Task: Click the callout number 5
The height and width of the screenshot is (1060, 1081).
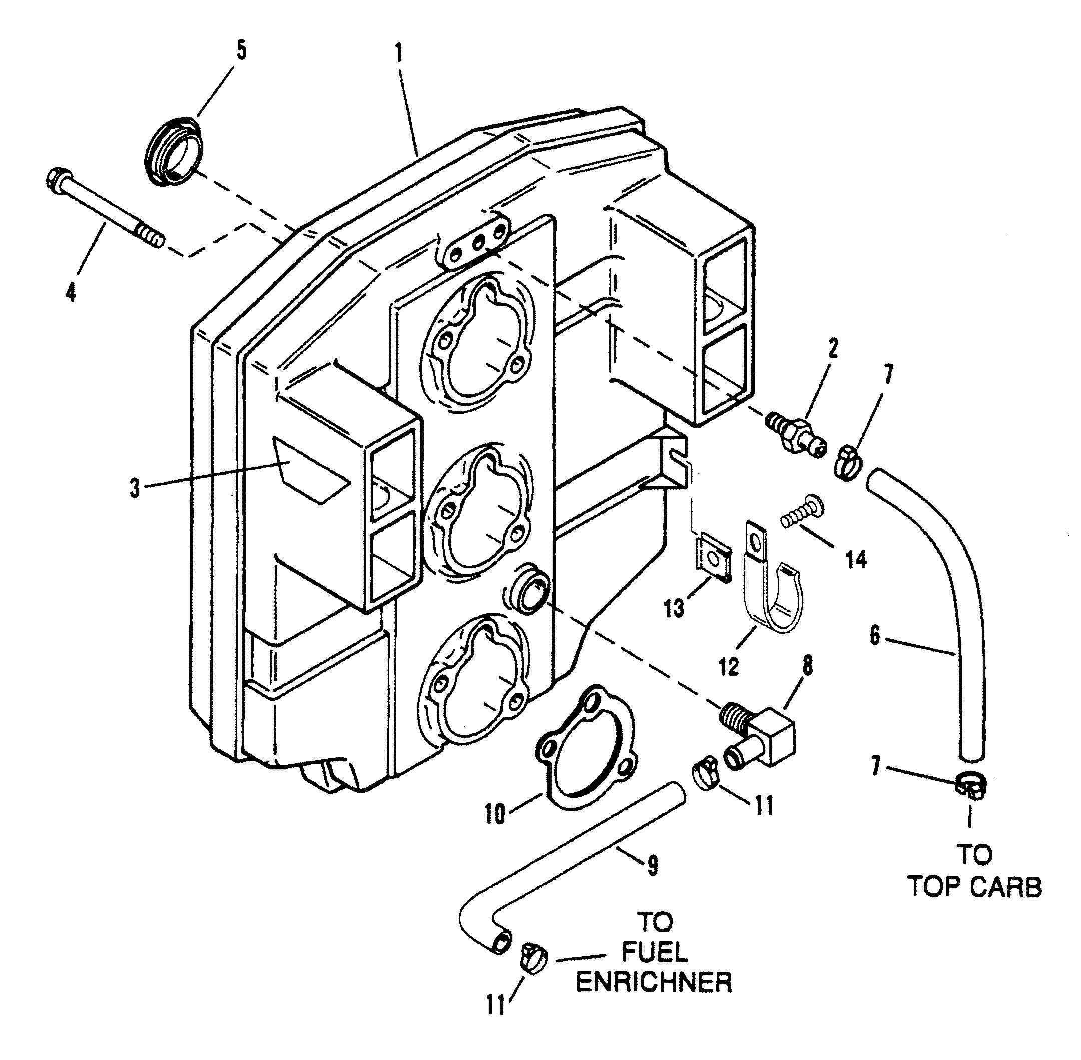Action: pos(240,50)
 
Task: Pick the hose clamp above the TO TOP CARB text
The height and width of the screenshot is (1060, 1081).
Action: pos(971,786)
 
